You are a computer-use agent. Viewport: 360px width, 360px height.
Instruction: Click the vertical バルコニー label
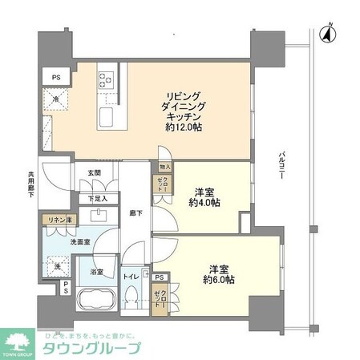[283, 166]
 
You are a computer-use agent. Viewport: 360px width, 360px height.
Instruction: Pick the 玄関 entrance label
[94, 172]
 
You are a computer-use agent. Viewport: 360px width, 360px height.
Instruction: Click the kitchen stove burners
[106, 79]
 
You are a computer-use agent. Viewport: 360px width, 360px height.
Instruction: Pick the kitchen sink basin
[106, 117]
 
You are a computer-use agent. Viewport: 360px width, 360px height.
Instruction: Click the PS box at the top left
[55, 78]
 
